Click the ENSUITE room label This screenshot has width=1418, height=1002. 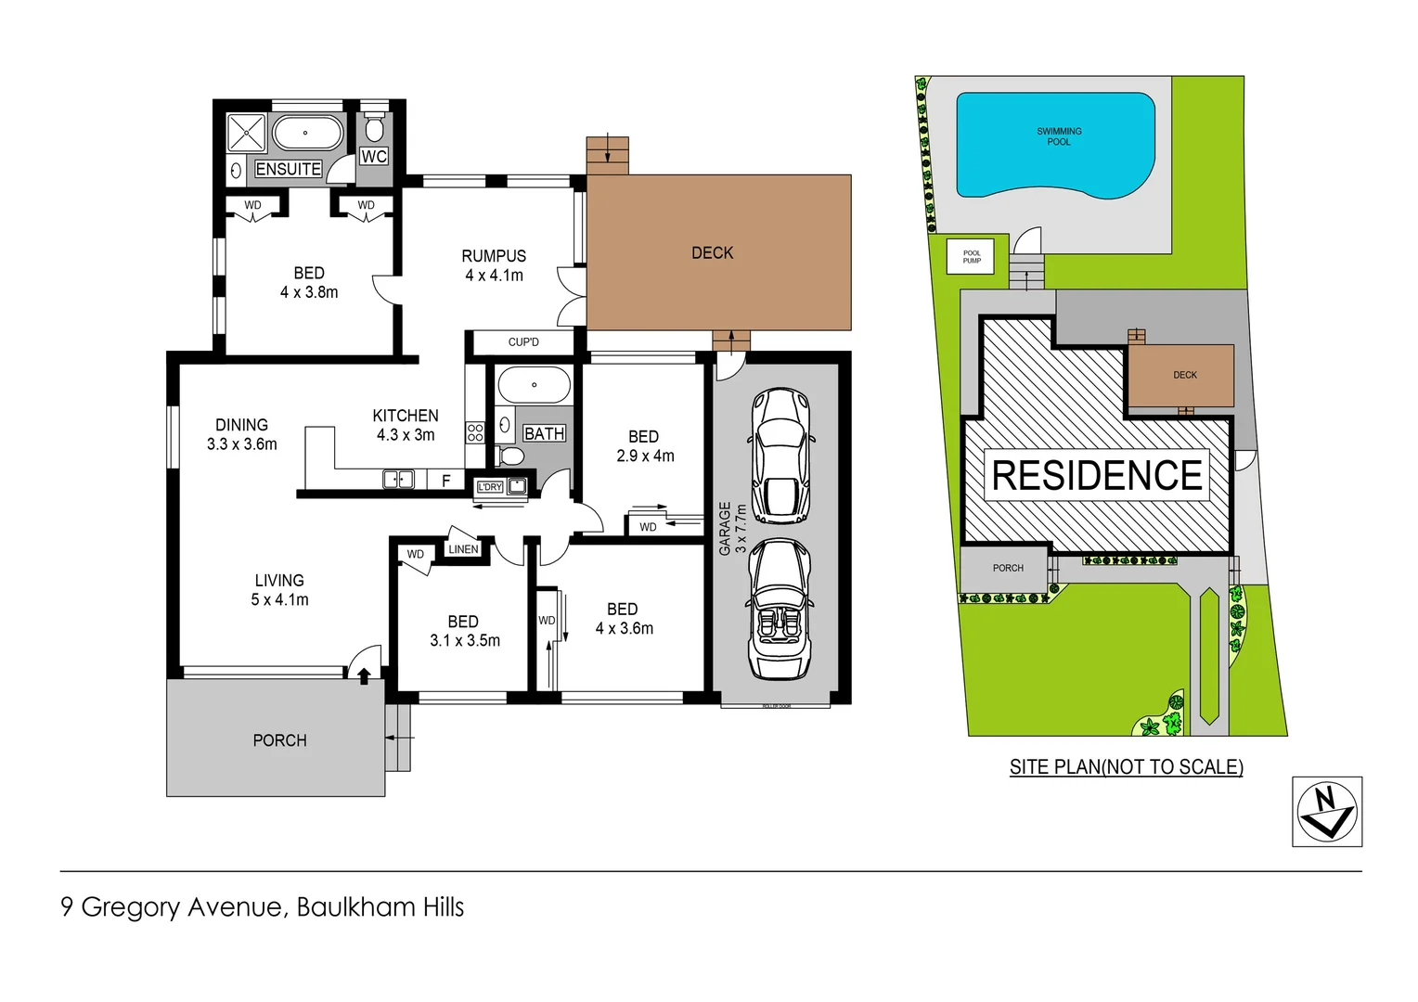point(289,169)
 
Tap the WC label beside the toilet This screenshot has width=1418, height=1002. point(374,156)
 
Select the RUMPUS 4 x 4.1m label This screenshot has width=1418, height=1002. point(494,265)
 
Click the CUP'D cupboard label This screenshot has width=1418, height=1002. point(523,342)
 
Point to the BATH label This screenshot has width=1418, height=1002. point(544,433)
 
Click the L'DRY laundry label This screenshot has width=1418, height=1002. point(490,487)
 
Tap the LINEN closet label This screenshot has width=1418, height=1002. point(463,549)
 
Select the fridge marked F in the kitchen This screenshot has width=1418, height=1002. point(446,481)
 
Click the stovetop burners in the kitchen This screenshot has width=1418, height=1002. point(475,432)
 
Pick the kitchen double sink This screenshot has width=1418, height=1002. point(398,480)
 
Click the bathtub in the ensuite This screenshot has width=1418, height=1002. point(307,134)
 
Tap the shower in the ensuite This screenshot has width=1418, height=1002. point(247,134)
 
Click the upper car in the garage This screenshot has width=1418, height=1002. point(780,456)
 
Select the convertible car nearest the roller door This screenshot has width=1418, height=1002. point(780,610)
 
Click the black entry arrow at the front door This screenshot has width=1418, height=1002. point(364,676)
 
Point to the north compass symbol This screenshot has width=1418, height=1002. point(1327,812)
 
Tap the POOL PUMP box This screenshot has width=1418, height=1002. point(972,256)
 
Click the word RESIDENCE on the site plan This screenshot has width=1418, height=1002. point(1097,476)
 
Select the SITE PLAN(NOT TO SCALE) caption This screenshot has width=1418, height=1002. point(1126,767)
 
